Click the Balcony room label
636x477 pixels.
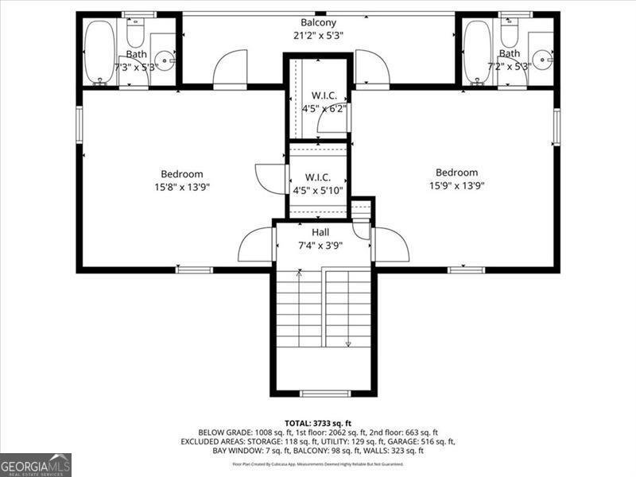(x=318, y=22)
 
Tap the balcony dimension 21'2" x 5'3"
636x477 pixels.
(x=318, y=35)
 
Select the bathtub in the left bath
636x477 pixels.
(x=99, y=51)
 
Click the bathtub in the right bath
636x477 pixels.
(x=477, y=51)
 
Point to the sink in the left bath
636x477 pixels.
(x=165, y=58)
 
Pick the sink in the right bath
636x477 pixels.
(x=542, y=58)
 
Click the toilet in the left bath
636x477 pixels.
(x=135, y=33)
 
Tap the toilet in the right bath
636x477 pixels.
(x=510, y=33)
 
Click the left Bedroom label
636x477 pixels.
(x=182, y=174)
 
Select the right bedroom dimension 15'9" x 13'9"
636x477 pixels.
(x=456, y=185)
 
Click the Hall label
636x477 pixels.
(x=320, y=232)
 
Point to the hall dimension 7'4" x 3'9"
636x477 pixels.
(x=320, y=245)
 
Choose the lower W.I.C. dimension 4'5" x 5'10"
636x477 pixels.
(x=318, y=190)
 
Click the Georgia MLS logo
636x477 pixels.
(x=36, y=464)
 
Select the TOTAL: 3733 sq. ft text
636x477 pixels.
(x=318, y=423)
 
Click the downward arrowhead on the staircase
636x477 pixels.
(x=347, y=343)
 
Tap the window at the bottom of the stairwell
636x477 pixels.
(x=324, y=394)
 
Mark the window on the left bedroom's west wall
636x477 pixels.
(x=79, y=125)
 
